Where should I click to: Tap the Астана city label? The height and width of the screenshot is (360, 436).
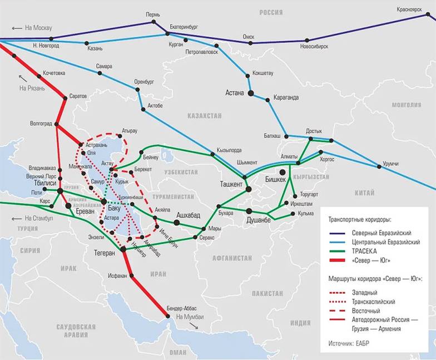tap(234, 93)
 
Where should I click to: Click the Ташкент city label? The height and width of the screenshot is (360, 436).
tap(231, 184)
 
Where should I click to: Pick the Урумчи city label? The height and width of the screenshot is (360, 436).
tap(392, 165)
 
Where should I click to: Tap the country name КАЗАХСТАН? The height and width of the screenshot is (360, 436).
tap(205, 116)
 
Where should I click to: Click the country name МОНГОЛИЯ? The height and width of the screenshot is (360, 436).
tap(407, 105)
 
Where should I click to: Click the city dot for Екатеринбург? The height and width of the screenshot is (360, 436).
tap(167, 34)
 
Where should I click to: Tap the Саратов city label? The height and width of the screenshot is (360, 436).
tap(78, 96)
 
